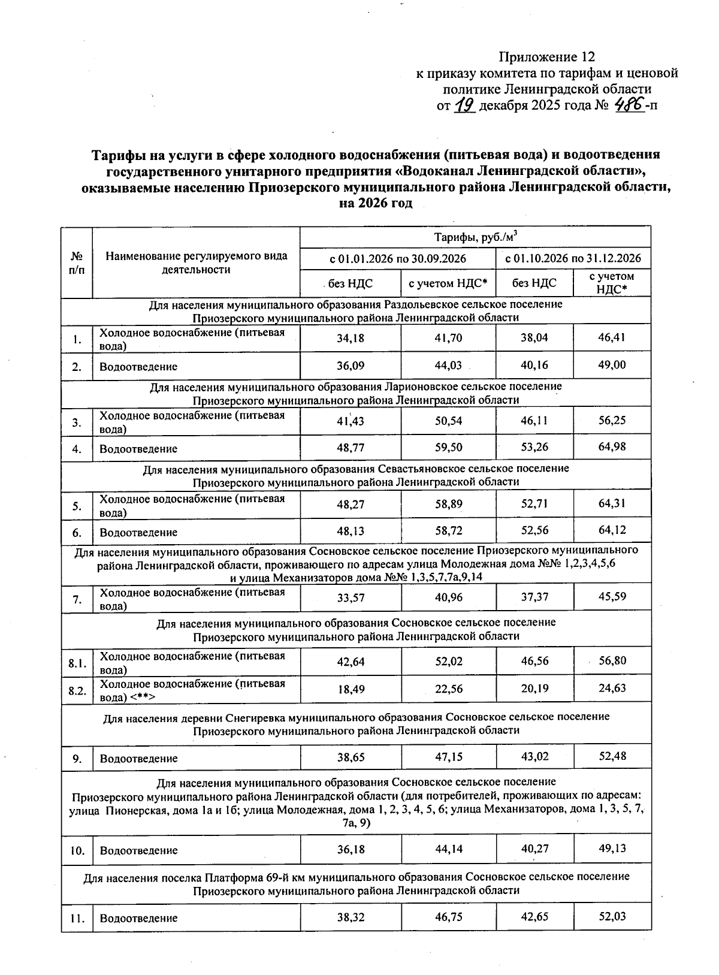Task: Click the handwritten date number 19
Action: coord(465,106)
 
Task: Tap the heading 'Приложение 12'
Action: coord(547,57)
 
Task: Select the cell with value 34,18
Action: coord(351,338)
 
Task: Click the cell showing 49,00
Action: coord(612,365)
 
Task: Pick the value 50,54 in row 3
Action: coord(449,421)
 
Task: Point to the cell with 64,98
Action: coord(612,447)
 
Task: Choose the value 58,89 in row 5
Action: coord(449,504)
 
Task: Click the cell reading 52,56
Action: coord(534,531)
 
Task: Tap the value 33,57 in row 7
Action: coord(351,597)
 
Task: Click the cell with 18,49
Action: coord(351,689)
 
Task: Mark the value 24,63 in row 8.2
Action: coord(612,688)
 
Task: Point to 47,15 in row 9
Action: coord(449,757)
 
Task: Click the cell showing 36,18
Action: coord(351,850)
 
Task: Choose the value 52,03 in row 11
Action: coord(612,917)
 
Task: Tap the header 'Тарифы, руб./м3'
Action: coord(475,237)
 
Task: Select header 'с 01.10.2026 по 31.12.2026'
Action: coord(573,259)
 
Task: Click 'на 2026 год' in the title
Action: coord(376,203)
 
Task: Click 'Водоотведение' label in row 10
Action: coord(138,850)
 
